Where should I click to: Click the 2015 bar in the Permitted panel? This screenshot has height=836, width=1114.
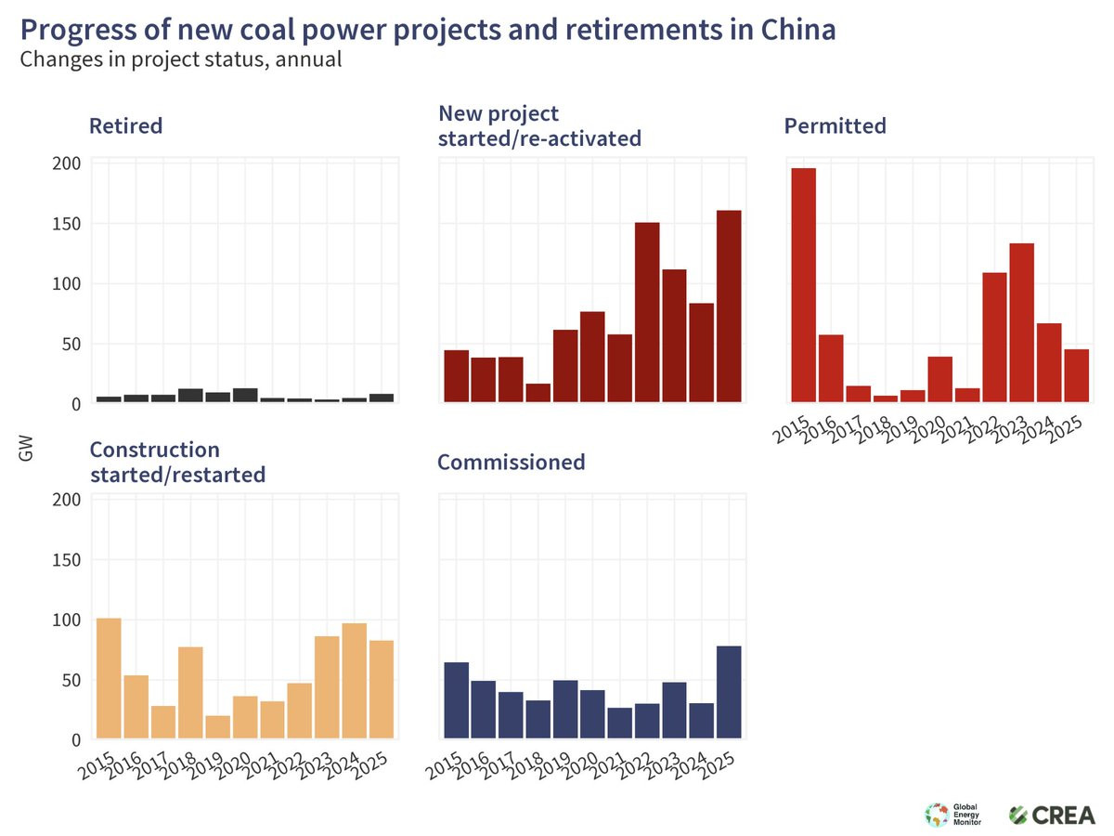[804, 285]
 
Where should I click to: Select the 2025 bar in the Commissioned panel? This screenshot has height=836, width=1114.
[729, 692]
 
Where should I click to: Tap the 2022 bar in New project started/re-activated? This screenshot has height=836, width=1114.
[647, 313]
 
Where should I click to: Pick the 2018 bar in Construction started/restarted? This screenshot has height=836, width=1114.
[190, 693]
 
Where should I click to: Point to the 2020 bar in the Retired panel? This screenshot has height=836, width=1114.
[245, 396]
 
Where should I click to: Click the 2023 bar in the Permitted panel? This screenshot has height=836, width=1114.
[1022, 323]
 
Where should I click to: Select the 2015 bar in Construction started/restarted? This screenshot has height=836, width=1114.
[109, 678]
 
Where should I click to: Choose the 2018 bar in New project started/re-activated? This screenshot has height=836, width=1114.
[538, 393]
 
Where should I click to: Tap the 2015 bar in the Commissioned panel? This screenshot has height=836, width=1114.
[456, 700]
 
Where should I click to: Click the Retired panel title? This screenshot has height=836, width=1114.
[126, 126]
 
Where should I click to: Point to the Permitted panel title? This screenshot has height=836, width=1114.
[835, 126]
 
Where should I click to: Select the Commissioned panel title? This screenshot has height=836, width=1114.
[512, 463]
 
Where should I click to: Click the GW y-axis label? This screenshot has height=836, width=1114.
[25, 449]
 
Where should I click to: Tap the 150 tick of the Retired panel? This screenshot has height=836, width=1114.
[67, 224]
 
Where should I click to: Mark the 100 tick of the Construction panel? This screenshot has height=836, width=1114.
[67, 620]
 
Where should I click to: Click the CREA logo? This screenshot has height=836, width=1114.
[1052, 816]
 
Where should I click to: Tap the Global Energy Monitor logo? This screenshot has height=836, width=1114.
[952, 815]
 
